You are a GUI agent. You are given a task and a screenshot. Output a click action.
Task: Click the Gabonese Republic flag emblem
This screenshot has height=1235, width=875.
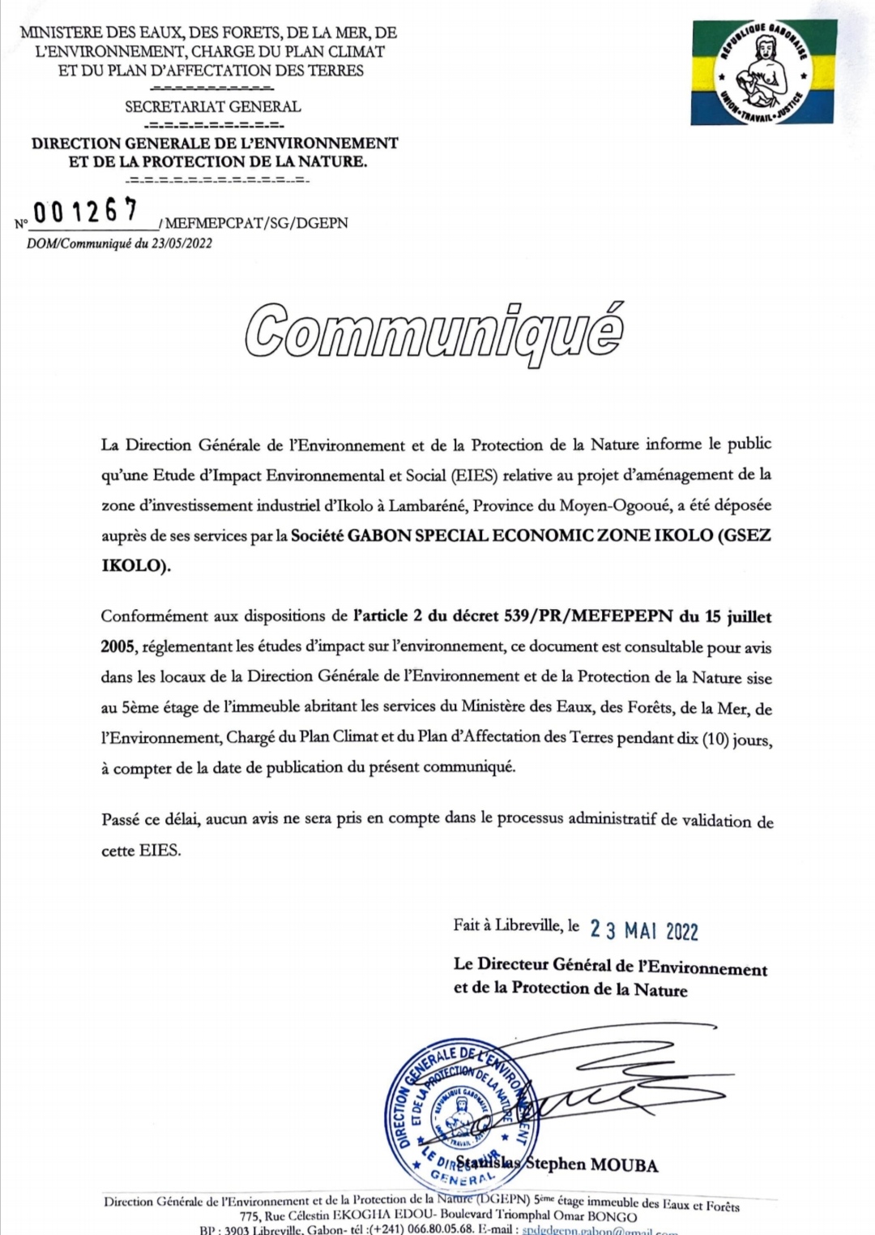click(764, 72)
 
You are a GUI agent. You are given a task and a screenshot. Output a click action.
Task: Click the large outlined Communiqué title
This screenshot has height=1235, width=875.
click(435, 332)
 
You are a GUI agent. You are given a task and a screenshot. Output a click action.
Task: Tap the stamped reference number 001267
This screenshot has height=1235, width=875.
click(86, 212)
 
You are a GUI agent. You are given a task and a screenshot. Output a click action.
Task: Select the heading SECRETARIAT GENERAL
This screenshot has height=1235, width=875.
click(212, 106)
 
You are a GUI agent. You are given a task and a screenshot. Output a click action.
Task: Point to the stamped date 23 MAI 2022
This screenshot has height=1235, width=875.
click(643, 929)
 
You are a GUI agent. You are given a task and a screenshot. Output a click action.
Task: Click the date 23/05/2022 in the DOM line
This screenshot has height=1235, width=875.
click(181, 243)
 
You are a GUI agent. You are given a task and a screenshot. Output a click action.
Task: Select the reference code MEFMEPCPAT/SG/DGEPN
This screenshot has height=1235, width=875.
click(257, 223)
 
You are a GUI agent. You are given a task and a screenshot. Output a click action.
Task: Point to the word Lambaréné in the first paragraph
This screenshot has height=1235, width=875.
click(428, 505)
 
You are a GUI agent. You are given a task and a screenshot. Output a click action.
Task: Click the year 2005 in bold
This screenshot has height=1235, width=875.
click(118, 646)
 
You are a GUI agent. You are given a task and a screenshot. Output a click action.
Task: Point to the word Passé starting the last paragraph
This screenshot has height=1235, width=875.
click(121, 820)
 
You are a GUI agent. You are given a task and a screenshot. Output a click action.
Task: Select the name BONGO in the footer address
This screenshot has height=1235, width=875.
click(612, 1216)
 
